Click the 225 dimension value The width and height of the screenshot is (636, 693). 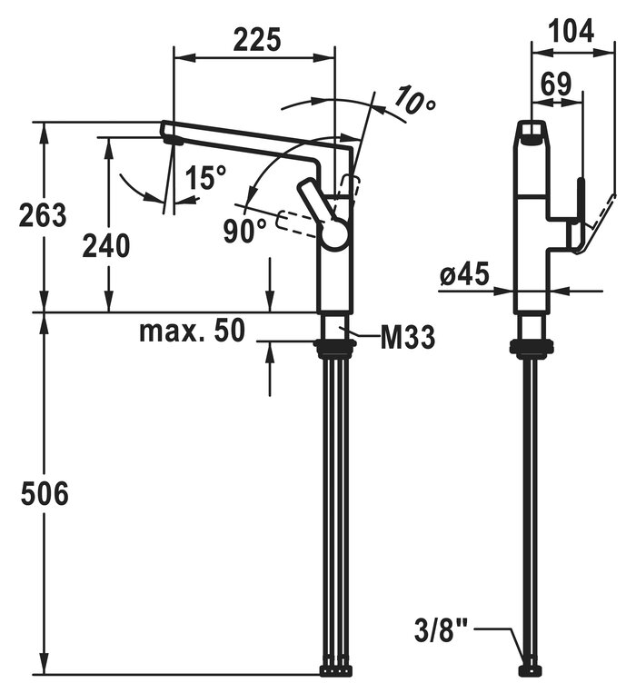(x=257, y=40)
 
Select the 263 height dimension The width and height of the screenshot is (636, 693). (x=42, y=215)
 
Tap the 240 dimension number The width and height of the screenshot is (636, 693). (x=105, y=245)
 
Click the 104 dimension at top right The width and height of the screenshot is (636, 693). (x=571, y=30)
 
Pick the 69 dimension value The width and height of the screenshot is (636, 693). (x=555, y=84)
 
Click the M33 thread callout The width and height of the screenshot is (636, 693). (x=406, y=339)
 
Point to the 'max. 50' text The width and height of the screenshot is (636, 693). (x=192, y=331)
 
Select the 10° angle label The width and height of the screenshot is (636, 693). (x=415, y=103)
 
